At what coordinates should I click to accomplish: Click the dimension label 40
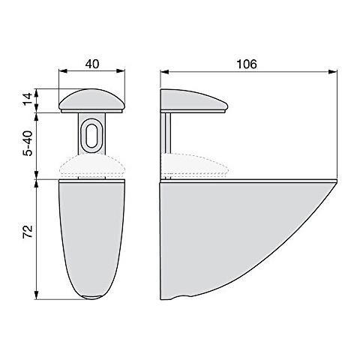point(92,64)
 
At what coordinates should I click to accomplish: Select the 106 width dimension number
point(247,64)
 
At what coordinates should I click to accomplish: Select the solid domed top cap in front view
point(92,100)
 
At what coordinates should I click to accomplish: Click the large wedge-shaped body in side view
point(217,232)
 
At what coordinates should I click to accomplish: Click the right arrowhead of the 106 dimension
point(331,73)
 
